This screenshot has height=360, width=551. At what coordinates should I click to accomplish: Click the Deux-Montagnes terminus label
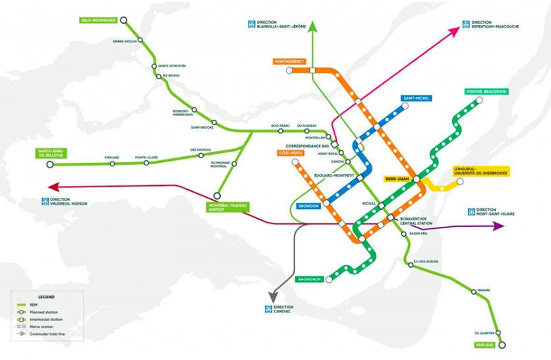click(98, 20)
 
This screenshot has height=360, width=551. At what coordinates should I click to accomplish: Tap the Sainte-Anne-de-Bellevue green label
click(53, 154)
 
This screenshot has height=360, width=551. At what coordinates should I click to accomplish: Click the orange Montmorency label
click(289, 61)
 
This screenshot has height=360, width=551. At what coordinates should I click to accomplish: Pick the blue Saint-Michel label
click(417, 98)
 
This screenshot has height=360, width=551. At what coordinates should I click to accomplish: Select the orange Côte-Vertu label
click(287, 153)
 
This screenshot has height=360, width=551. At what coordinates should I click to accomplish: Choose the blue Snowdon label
click(308, 206)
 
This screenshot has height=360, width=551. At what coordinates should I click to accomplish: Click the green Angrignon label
click(309, 279)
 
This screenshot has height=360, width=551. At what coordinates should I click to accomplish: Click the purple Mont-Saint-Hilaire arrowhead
click(498, 225)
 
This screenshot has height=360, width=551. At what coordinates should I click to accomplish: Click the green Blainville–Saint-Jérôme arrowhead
click(313, 27)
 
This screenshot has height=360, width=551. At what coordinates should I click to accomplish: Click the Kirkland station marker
click(112, 164)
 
